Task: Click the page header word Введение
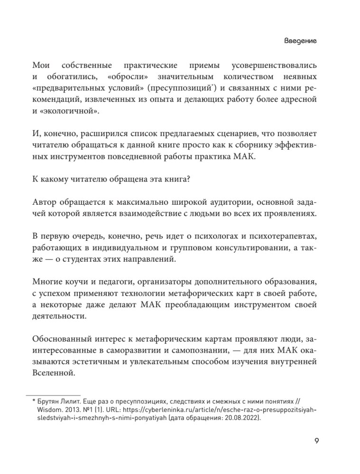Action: pyautogui.click(x=300, y=41)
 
